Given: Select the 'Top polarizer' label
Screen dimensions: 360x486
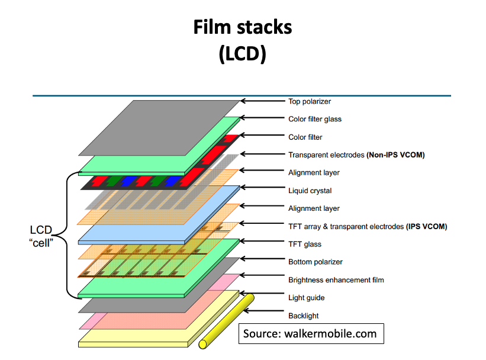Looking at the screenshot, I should point(309,101).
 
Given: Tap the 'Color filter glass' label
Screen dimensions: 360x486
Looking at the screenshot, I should point(315,119).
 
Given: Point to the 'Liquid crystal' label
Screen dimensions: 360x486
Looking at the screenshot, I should point(310,191).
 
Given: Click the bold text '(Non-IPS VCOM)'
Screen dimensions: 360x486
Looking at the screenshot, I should point(396,155).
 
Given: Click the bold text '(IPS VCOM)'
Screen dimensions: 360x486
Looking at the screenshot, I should point(426,226).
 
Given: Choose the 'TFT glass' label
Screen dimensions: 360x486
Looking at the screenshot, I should point(305,244).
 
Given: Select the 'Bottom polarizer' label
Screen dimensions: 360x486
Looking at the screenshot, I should point(315,262).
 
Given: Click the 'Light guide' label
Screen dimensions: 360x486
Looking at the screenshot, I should point(306,297).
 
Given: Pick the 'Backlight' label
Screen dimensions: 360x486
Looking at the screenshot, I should point(304,316).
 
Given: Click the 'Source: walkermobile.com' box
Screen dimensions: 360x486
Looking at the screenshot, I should point(310,333).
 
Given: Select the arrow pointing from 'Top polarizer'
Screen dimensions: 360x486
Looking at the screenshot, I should point(263,101).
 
